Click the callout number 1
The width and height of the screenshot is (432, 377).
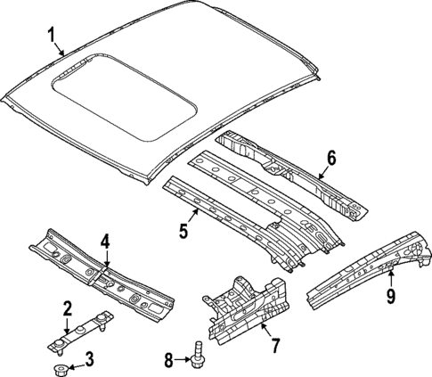52,36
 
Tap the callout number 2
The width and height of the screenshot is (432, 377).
67,308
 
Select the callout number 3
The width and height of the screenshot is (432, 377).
88,360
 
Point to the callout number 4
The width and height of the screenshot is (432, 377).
104,241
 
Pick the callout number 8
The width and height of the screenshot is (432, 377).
170,359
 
